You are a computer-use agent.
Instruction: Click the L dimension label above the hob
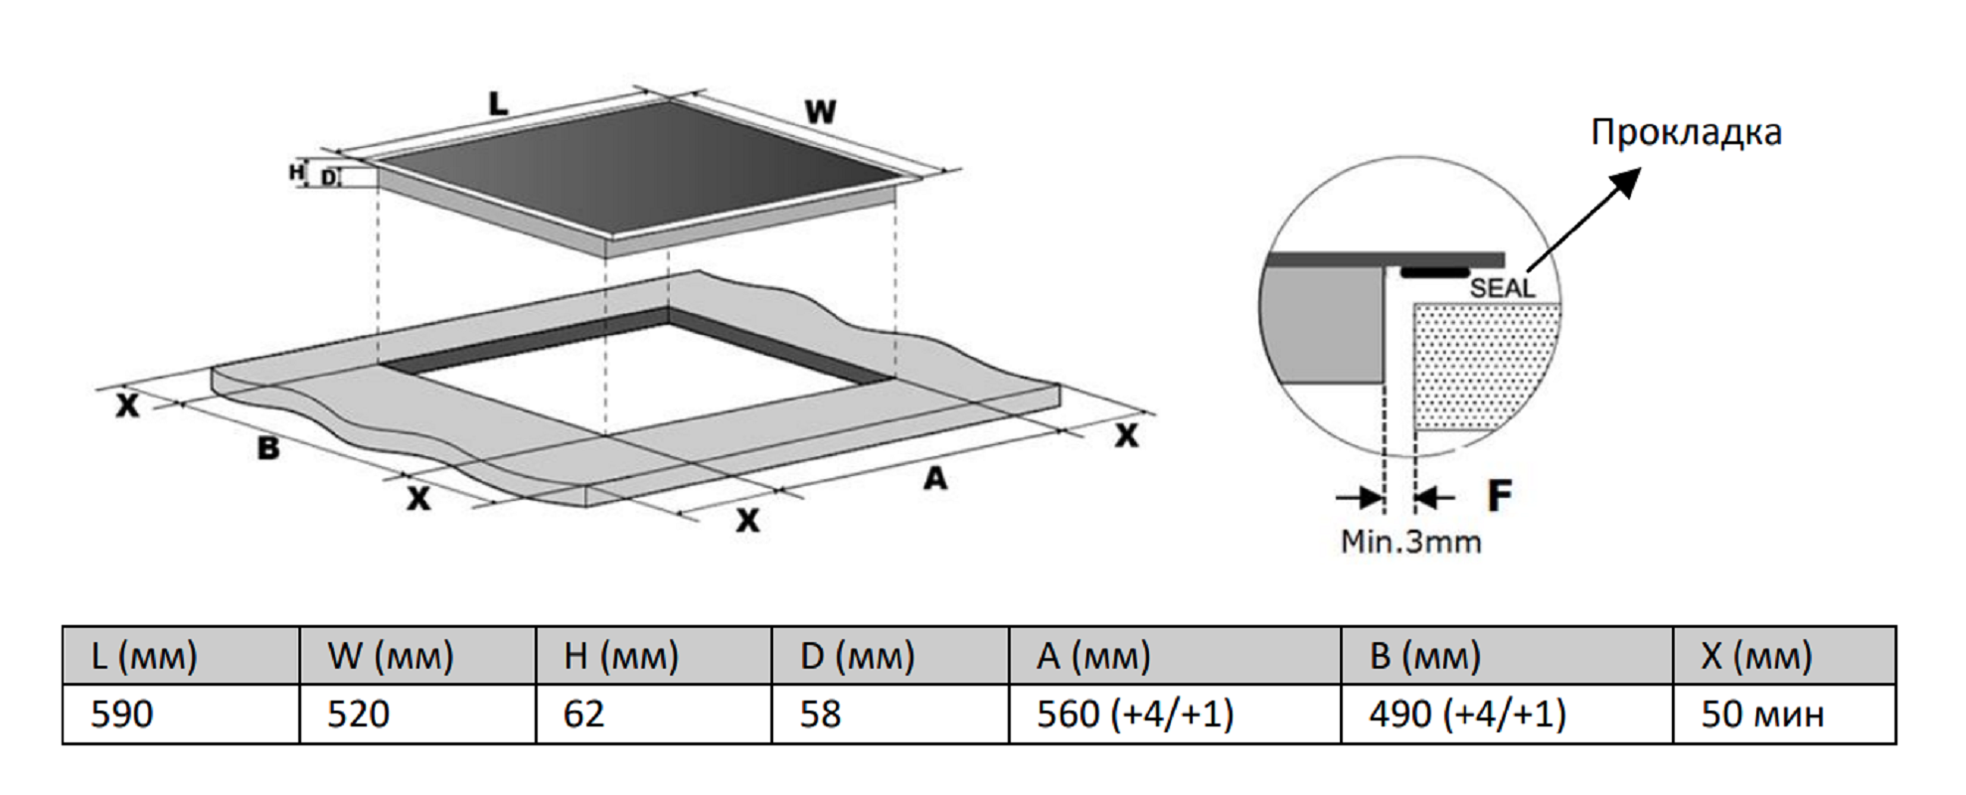[498, 102]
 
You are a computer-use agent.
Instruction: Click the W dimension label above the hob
[820, 111]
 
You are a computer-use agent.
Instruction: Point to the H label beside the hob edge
[295, 173]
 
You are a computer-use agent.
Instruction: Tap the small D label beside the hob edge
[328, 179]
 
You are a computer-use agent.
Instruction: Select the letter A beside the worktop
[935, 479]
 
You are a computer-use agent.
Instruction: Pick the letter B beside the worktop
[268, 448]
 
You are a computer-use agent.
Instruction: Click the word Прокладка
[1686, 132]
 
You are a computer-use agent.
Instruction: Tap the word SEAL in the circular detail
[1502, 288]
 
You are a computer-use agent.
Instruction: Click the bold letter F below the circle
[1499, 495]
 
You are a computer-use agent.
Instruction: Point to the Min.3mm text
[1410, 542]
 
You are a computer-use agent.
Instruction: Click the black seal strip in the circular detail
[1435, 270]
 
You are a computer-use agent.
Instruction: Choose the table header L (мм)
[144, 656]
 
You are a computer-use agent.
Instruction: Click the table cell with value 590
[122, 715]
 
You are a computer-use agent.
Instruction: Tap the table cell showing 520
[359, 715]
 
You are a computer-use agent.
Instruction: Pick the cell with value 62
[583, 715]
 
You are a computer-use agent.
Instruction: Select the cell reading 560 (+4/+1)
[1135, 715]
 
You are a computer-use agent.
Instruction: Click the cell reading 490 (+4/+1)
[1467, 715]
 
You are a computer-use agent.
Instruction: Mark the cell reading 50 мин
[1762, 715]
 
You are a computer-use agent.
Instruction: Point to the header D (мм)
[857, 656]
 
